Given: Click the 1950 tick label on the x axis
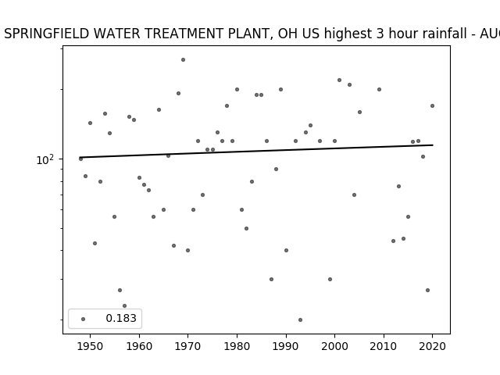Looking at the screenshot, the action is (x=91, y=346).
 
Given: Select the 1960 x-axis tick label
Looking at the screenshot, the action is (x=139, y=346).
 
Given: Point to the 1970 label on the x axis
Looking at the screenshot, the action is (x=187, y=346).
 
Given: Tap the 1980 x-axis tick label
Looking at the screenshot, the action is (x=237, y=346).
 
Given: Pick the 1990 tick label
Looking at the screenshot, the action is (x=286, y=346).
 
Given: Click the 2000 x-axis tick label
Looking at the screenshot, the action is (x=335, y=346).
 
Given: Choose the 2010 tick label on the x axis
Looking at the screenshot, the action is (x=384, y=346).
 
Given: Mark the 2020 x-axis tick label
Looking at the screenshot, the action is (x=432, y=346).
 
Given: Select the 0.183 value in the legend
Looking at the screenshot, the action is (x=121, y=318).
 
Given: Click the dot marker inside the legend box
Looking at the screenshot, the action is (x=84, y=319).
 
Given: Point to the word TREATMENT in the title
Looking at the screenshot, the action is (x=184, y=34).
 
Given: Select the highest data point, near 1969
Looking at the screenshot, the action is (x=183, y=59).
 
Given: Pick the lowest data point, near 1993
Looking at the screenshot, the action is (x=300, y=320).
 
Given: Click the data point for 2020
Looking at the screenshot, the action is (x=432, y=106).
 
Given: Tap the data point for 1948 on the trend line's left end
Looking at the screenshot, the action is (x=80, y=159).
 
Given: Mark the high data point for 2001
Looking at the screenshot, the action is (x=339, y=80).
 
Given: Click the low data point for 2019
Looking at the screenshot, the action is (x=427, y=290).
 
